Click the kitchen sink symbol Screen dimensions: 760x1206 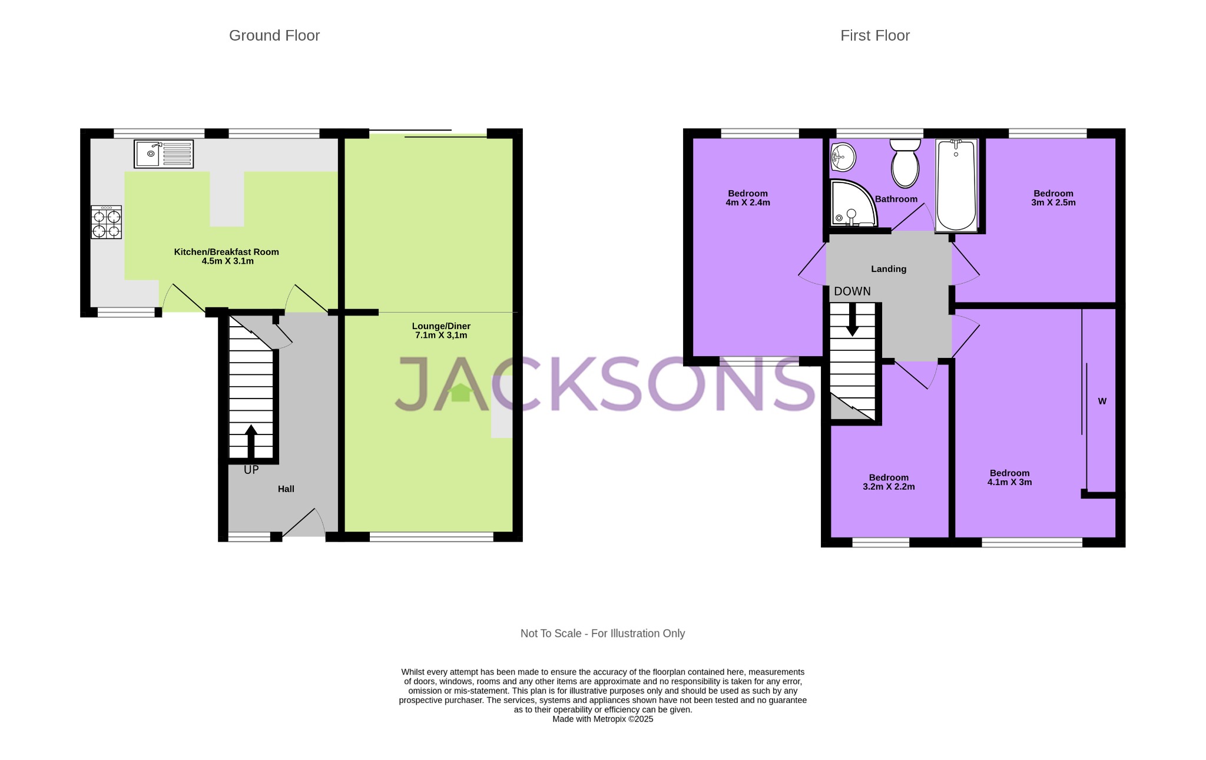[x=163, y=154]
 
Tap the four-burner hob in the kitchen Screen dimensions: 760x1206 [x=106, y=222]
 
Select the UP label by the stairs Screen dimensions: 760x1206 [x=251, y=470]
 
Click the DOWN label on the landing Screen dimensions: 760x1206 [x=852, y=291]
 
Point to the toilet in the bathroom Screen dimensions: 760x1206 [x=905, y=164]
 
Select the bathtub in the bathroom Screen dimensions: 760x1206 [x=956, y=185]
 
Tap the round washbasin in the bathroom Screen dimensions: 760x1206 [x=843, y=157]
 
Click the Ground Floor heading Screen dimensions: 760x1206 [x=274, y=36]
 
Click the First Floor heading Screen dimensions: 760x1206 [x=874, y=36]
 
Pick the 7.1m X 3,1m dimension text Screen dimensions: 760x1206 [x=440, y=336]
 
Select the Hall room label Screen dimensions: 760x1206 [x=286, y=489]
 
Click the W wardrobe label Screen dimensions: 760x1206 [x=1102, y=401]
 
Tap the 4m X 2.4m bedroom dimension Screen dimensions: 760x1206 [x=747, y=203]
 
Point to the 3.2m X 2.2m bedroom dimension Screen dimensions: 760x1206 [x=888, y=487]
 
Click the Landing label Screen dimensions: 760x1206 [x=888, y=269]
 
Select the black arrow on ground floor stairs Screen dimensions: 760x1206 [x=251, y=439]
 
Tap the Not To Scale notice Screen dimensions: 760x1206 [x=602, y=633]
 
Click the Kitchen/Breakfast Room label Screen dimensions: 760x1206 [x=226, y=252]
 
